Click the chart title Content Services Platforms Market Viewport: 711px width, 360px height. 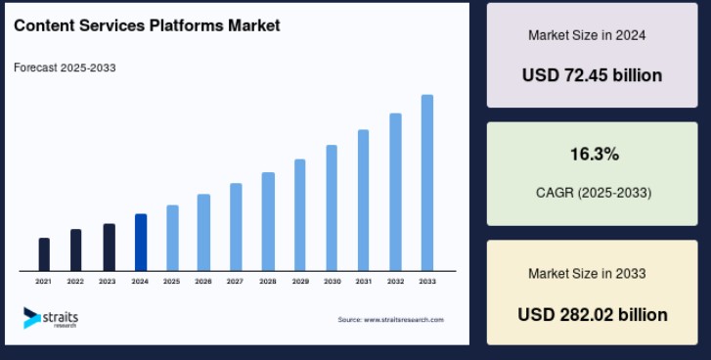click(147, 25)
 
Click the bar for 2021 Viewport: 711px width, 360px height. click(44, 254)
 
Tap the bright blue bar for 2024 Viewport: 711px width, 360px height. click(141, 242)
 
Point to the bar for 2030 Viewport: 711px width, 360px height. click(332, 207)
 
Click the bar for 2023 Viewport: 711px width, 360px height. click(109, 247)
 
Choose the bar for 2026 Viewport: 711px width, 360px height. click(203, 232)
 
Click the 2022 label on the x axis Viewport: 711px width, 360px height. click(75, 282)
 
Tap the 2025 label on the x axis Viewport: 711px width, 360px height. click(171, 282)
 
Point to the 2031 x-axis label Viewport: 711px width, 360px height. click(363, 282)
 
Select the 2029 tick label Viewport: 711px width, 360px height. click(300, 282)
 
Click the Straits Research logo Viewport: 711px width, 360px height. click(51, 317)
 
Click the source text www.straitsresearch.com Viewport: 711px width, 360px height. click(390, 320)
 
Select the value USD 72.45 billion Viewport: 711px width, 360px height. click(592, 75)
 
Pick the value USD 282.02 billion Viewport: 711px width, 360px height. click(593, 314)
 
